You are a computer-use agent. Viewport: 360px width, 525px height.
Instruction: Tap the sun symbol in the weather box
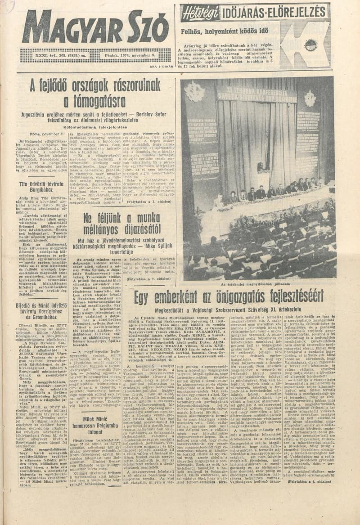310,45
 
